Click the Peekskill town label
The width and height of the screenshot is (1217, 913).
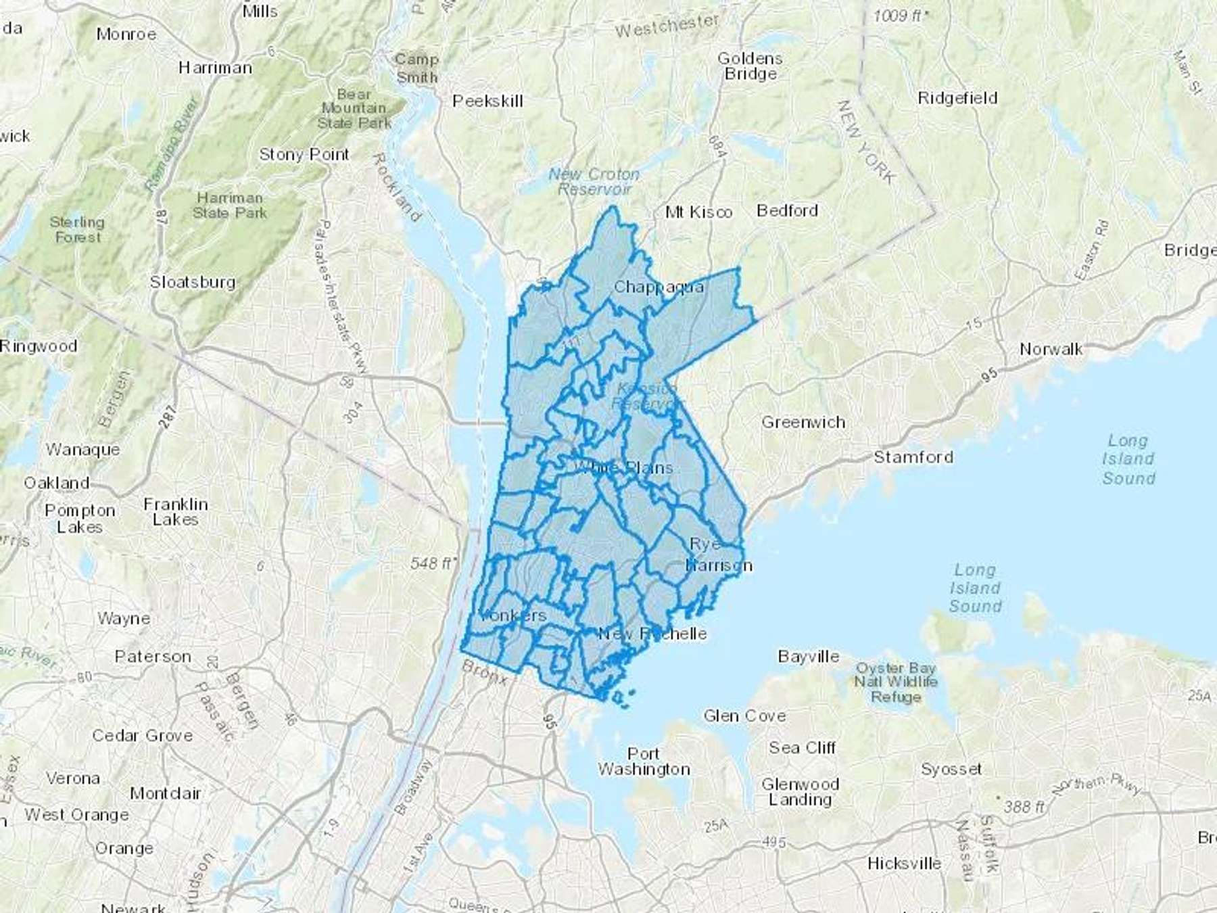coord(487,101)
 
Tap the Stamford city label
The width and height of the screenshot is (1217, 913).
coord(913,457)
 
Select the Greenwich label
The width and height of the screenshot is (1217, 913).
coord(803,423)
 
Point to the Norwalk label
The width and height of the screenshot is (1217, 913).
coord(1051,349)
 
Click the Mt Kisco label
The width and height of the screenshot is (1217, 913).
coord(698,212)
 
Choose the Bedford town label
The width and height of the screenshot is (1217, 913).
coord(787,210)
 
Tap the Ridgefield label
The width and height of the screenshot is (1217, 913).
coord(957,98)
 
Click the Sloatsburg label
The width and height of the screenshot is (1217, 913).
coord(193,282)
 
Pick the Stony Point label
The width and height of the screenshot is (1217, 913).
coord(304,154)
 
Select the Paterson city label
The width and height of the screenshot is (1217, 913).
coord(153,656)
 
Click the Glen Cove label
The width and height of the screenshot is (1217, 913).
coord(744,716)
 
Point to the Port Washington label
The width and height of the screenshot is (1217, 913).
coord(644,762)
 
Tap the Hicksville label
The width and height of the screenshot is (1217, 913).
coord(904,864)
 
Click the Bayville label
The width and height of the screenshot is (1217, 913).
coord(809,656)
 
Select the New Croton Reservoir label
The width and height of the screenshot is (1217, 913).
coord(594,182)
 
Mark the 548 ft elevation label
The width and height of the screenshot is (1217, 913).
coord(433,563)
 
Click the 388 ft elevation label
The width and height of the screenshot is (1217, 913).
coord(1024,806)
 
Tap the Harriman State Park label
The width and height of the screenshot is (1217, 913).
coord(230,205)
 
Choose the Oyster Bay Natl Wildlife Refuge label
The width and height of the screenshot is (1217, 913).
coord(896,682)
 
